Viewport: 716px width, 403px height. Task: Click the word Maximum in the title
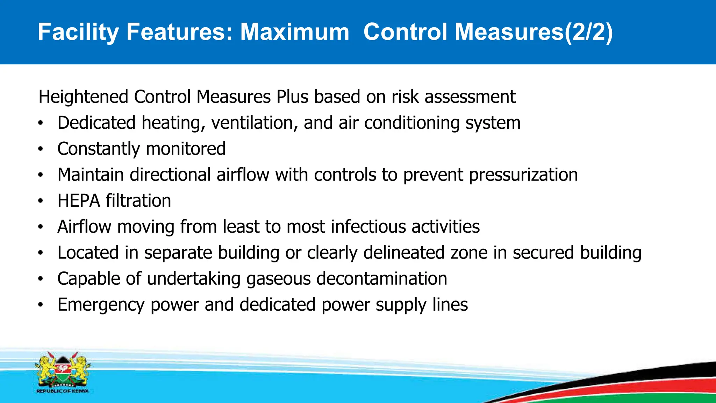(295, 32)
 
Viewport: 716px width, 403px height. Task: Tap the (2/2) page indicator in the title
(589, 32)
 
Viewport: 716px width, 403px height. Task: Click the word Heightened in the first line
(83, 97)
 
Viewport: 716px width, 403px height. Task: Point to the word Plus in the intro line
(292, 97)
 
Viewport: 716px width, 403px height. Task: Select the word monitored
(186, 149)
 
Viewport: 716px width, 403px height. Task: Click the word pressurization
(523, 175)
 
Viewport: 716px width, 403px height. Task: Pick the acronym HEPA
(79, 201)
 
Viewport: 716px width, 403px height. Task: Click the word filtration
(138, 201)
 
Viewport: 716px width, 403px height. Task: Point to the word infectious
(368, 227)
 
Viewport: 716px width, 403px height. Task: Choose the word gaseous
(278, 279)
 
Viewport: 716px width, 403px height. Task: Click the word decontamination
(382, 279)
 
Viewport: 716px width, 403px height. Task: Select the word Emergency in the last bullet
(101, 305)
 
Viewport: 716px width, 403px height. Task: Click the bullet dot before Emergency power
(41, 305)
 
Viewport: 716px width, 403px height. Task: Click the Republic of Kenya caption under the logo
(62, 391)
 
